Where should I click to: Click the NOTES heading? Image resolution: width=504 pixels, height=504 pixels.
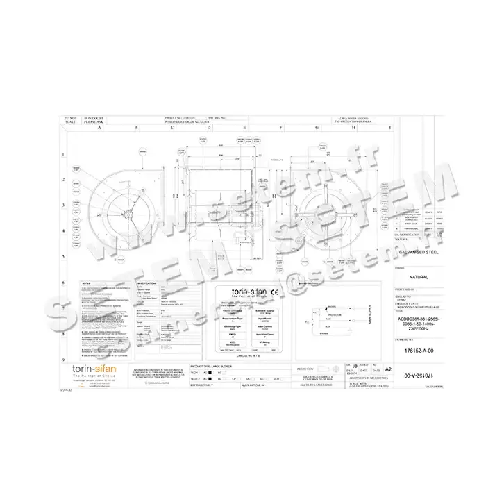[87, 284]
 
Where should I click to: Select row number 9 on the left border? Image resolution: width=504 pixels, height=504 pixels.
[65, 360]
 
